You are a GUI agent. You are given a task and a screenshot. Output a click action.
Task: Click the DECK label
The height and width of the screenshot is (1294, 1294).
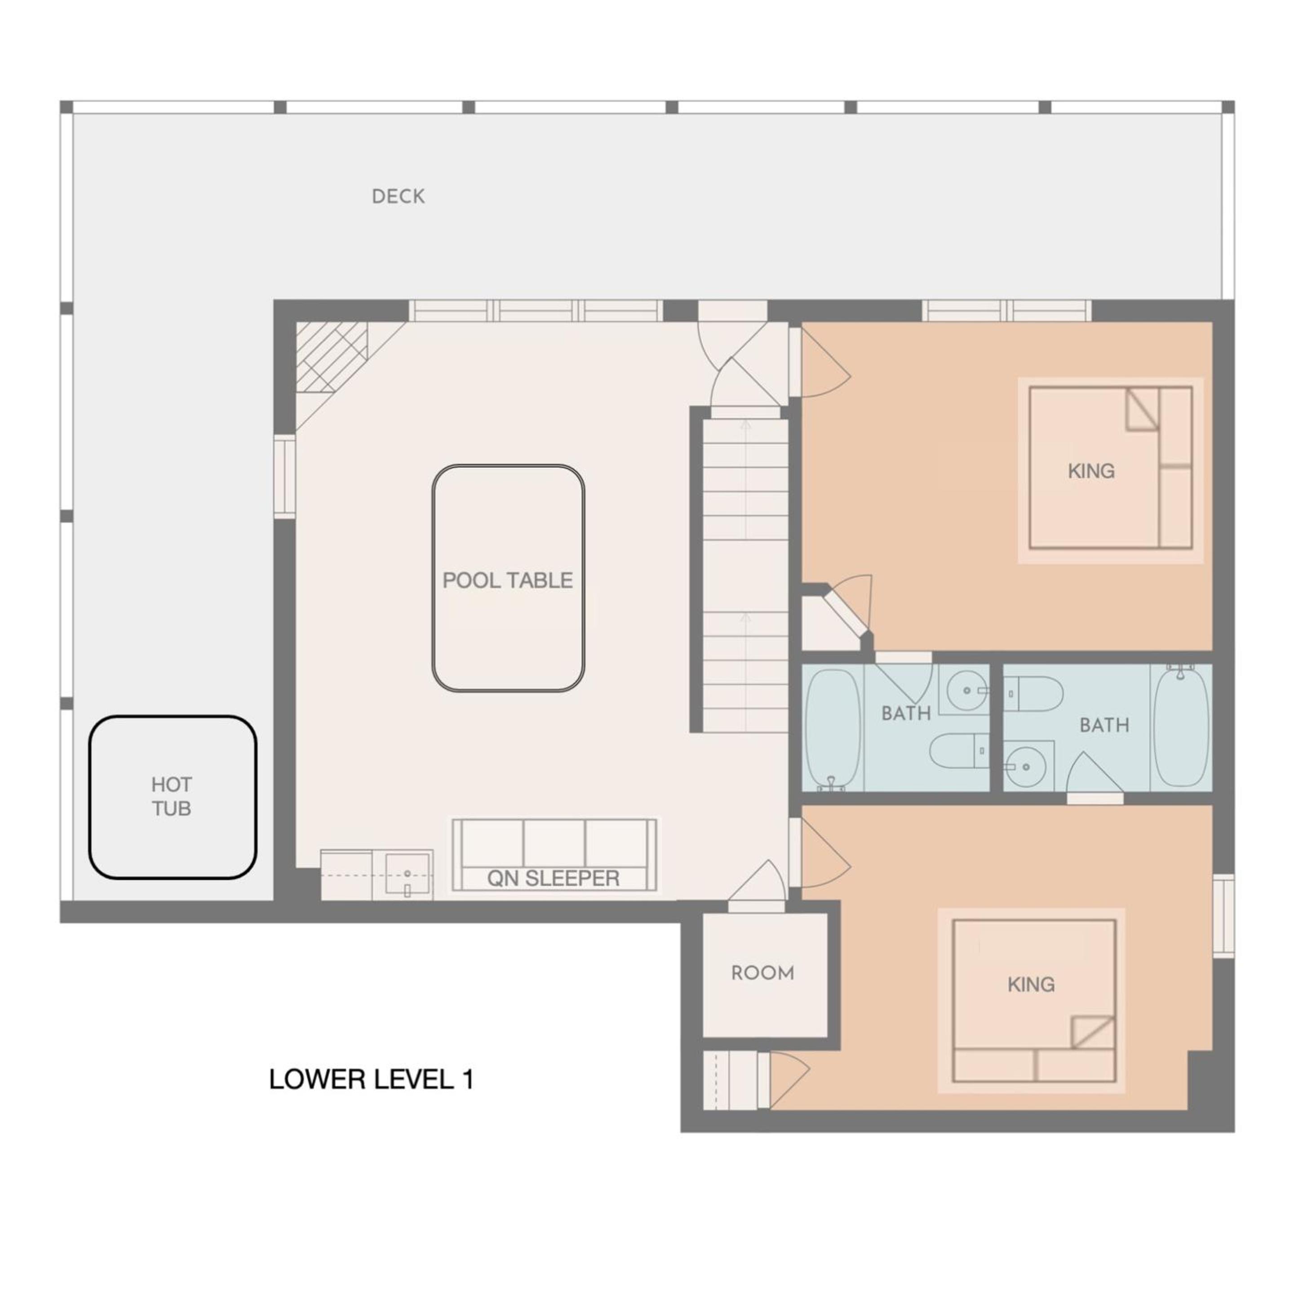(398, 196)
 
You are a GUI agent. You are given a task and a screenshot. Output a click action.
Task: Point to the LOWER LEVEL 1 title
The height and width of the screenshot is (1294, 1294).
(371, 1080)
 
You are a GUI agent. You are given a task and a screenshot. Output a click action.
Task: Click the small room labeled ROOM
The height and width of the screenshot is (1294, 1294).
(763, 973)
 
